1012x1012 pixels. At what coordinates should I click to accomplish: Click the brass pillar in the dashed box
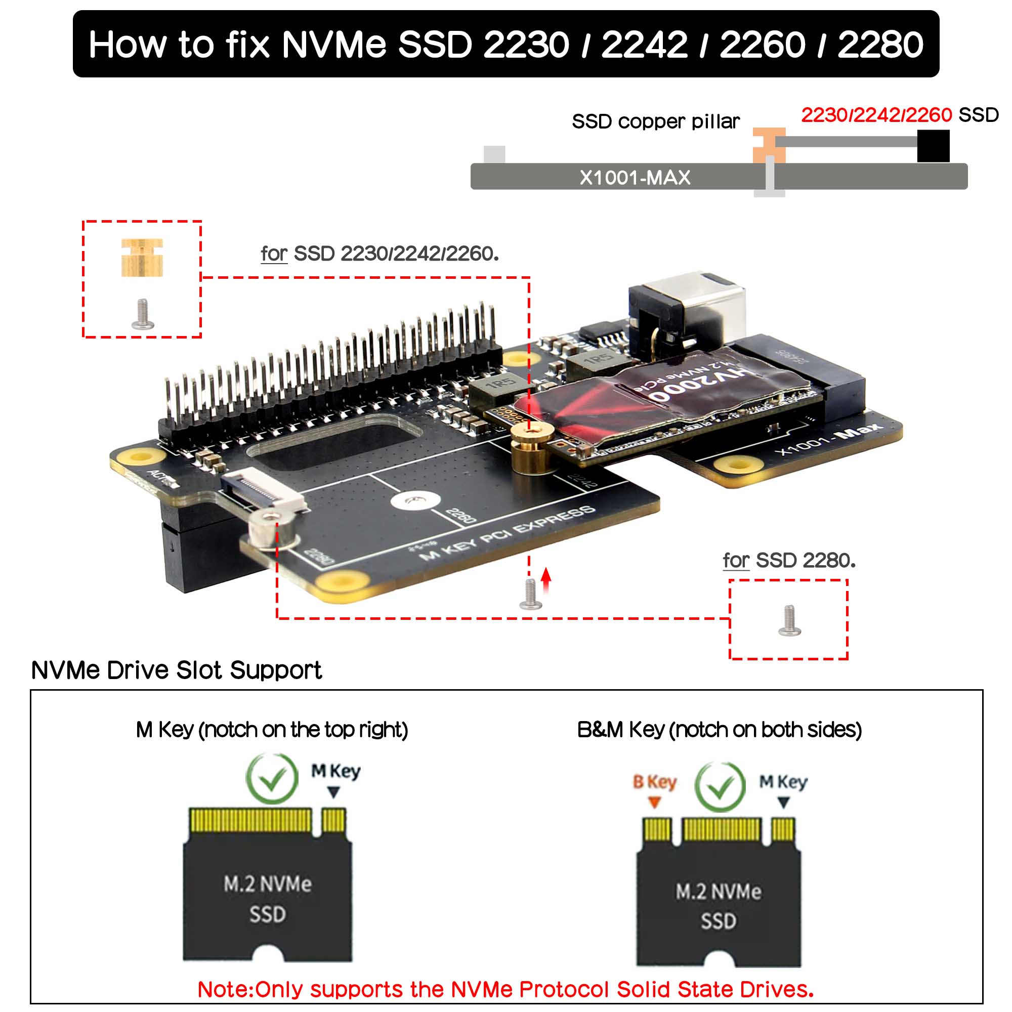[142, 257]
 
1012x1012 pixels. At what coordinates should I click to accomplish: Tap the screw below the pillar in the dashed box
[143, 314]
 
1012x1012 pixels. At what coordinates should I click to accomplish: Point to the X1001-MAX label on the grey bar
[635, 178]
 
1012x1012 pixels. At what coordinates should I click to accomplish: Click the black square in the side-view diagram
[933, 146]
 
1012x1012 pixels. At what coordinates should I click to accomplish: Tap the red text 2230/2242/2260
[876, 115]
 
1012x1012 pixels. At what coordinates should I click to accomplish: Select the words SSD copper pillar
[655, 121]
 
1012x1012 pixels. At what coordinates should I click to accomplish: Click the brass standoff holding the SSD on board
[532, 447]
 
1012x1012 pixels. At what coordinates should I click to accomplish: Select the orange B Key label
[654, 782]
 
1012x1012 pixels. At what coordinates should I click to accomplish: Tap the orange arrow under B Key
[654, 802]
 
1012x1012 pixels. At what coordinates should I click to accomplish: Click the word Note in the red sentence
[225, 989]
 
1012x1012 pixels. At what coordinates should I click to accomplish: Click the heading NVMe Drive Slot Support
[177, 670]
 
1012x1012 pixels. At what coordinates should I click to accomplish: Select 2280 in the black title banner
[880, 45]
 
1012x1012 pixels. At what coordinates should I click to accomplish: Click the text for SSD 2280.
[789, 561]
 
